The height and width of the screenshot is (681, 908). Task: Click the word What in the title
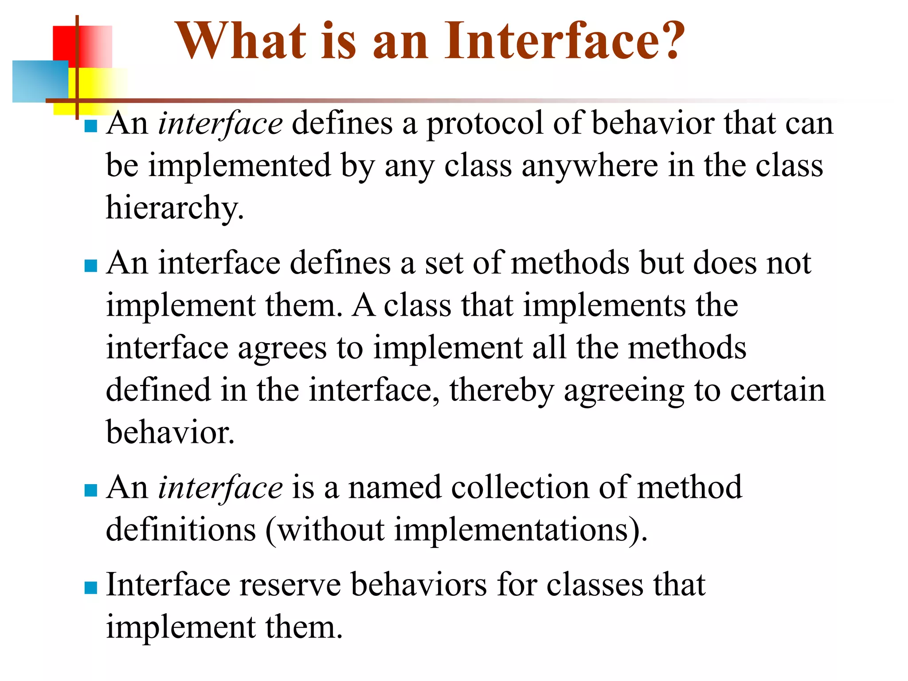(242, 41)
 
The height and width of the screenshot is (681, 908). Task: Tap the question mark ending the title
(669, 41)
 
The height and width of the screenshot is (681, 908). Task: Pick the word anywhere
(590, 166)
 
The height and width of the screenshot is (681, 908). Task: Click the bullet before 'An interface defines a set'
(91, 266)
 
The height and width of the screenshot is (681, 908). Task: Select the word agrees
(282, 348)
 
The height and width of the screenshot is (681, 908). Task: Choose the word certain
(778, 391)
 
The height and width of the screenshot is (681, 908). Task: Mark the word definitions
(181, 530)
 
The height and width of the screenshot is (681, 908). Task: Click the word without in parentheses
(331, 530)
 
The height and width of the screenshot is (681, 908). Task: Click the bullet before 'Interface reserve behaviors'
(91, 587)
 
